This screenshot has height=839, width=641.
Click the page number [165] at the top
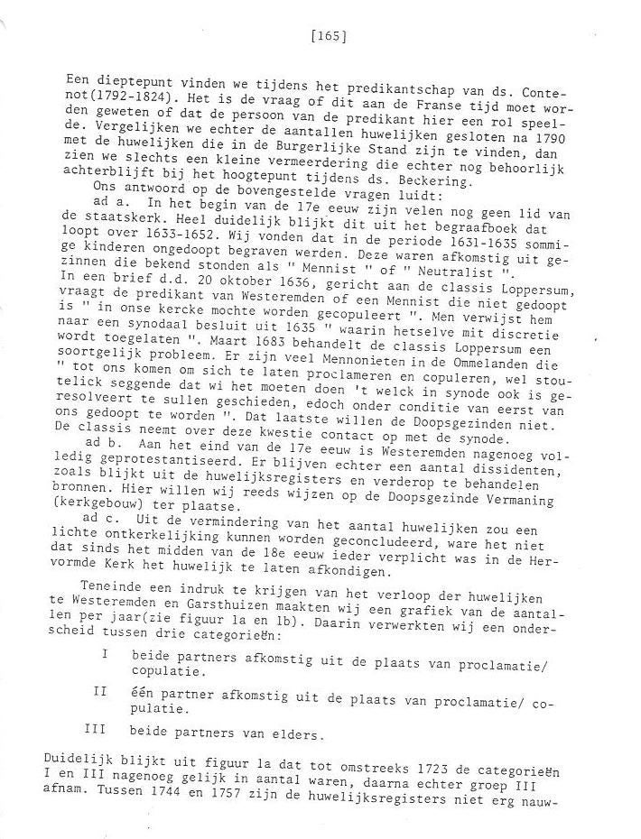click(329, 37)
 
